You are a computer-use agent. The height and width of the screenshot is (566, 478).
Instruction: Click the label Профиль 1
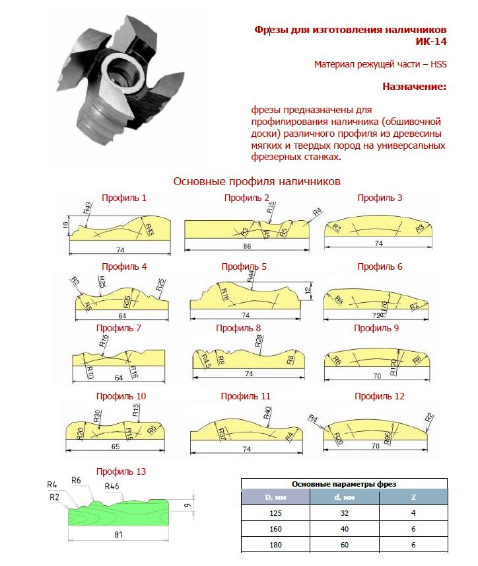[x=124, y=197]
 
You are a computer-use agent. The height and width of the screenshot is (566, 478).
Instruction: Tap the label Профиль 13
[x=121, y=471]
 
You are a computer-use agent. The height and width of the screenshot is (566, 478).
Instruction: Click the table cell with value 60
[x=344, y=545]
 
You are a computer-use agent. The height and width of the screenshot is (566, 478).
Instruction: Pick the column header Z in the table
[x=414, y=497]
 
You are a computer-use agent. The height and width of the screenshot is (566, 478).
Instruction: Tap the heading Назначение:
[x=414, y=87]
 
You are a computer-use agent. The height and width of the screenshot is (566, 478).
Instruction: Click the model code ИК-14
[x=431, y=42]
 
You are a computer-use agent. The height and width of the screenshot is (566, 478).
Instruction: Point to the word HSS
[x=436, y=64]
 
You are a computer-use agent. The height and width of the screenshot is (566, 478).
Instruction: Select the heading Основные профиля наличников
[x=256, y=181]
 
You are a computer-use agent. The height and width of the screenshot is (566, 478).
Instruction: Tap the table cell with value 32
[x=344, y=513]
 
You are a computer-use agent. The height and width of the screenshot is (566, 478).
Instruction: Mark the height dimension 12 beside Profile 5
[x=308, y=290]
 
